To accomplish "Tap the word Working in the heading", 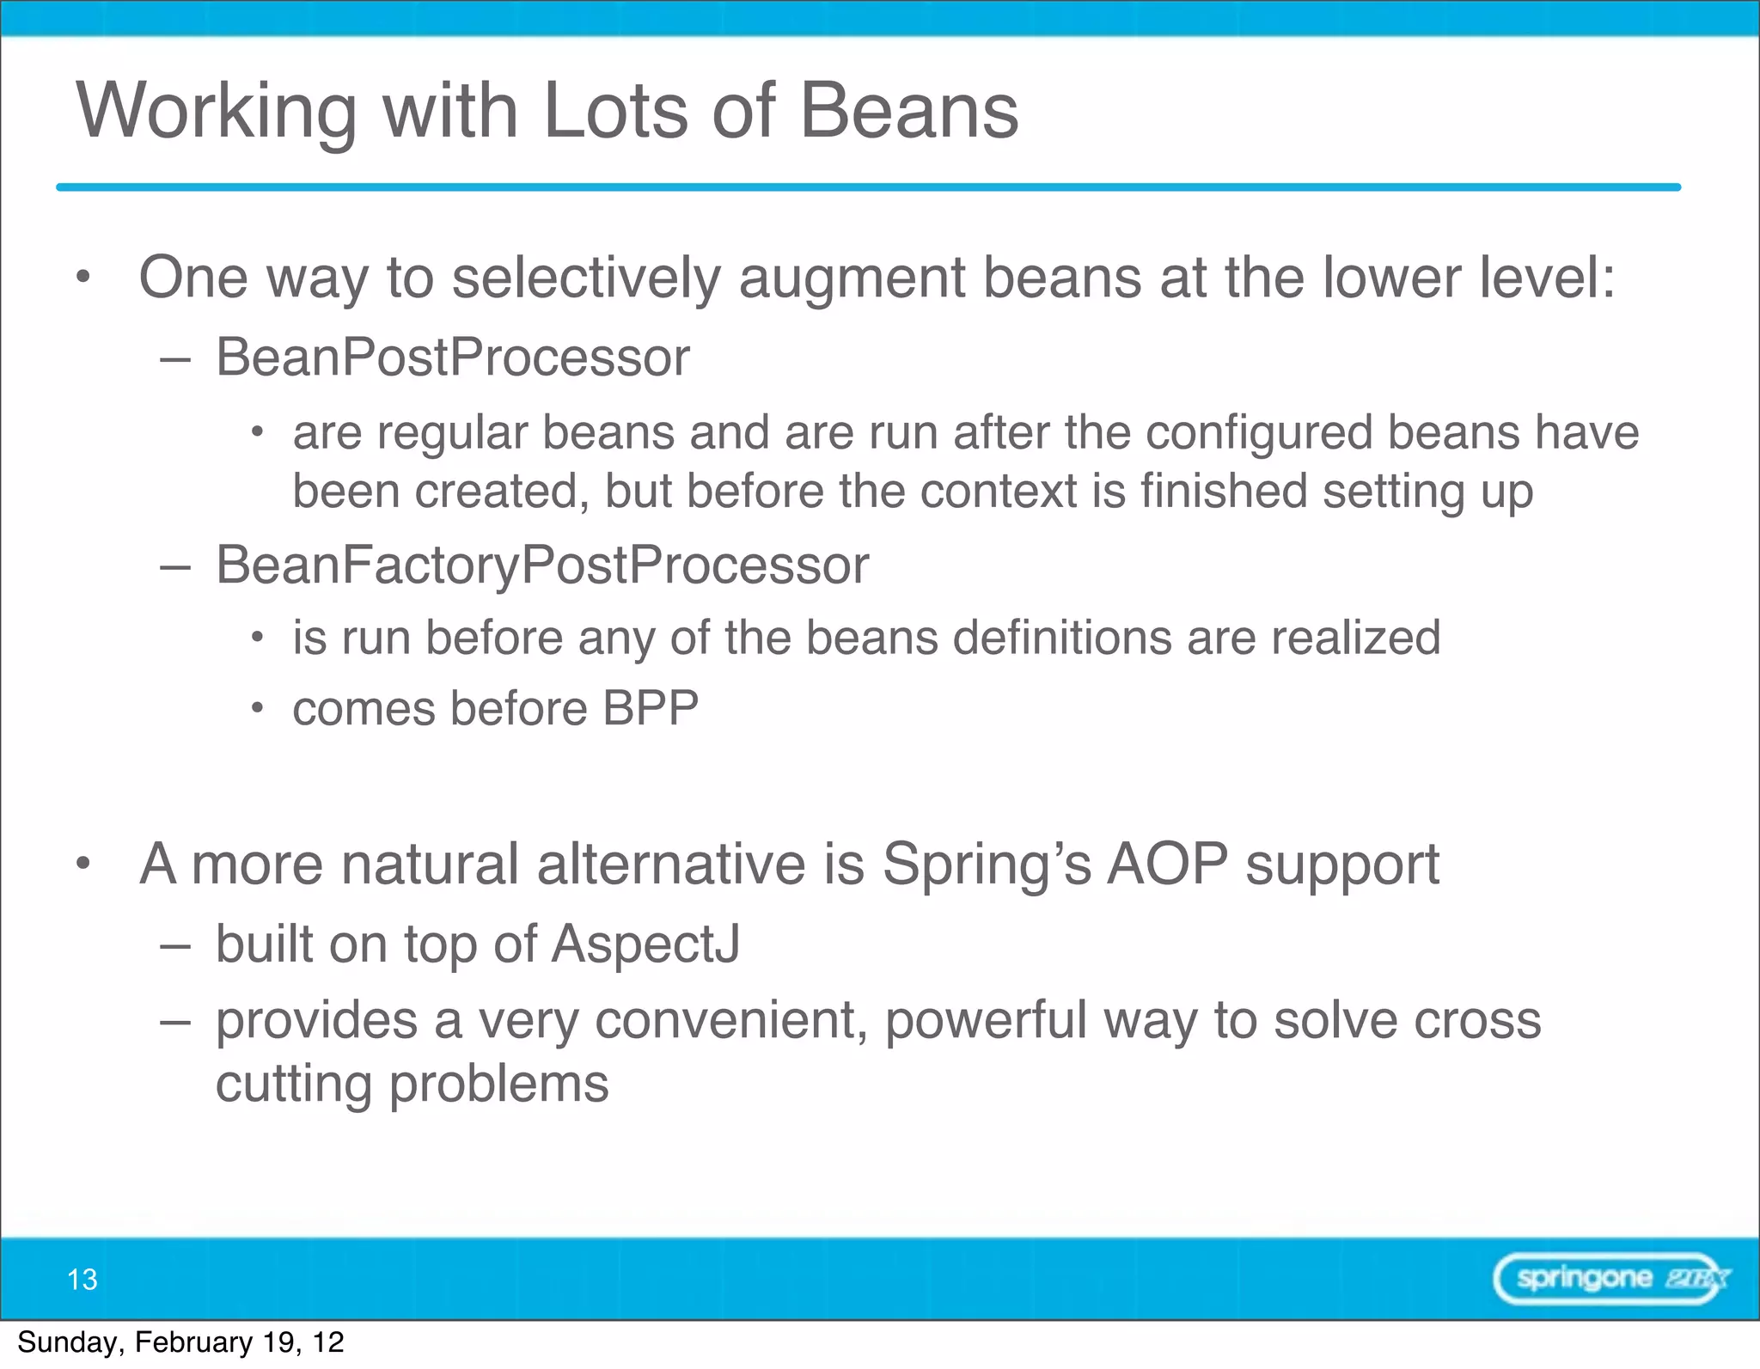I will (216, 112).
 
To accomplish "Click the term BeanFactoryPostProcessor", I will (541, 565).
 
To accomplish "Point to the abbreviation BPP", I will (650, 709).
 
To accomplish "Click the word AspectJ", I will (645, 944).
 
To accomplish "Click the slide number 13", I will (82, 1280).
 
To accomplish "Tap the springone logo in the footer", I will (1610, 1279).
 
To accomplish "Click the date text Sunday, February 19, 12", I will (180, 1342).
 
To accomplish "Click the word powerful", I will (986, 1020).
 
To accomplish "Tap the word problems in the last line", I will (498, 1085).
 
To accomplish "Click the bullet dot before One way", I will (82, 278).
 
